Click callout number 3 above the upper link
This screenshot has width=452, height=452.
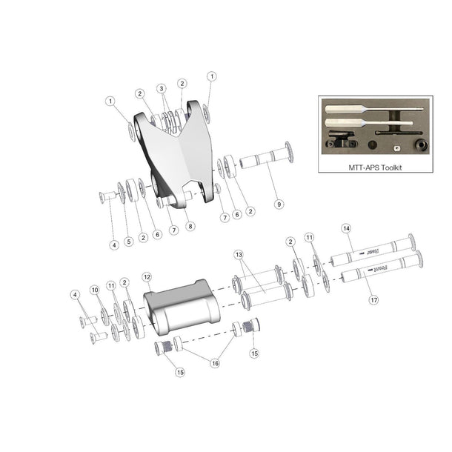tap(162, 88)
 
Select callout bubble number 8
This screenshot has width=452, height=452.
tap(190, 226)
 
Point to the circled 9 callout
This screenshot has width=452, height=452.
tap(279, 203)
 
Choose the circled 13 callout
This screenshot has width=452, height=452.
tap(239, 253)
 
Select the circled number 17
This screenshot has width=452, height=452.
tap(372, 300)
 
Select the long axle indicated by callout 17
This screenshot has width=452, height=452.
tap(378, 276)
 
